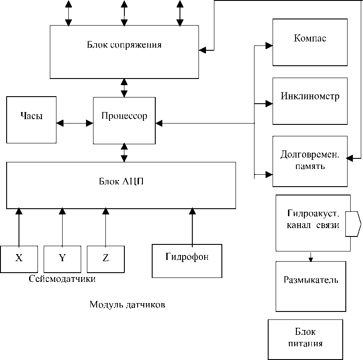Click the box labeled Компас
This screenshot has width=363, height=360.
310,42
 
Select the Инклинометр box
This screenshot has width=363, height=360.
310,101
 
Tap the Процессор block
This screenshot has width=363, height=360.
124,121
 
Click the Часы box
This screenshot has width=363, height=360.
31,120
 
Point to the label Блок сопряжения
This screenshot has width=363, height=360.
124,45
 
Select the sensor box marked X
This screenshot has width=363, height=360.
19,259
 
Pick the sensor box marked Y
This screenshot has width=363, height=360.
62,259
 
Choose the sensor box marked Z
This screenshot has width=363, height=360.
105,259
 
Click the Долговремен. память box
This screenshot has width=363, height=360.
310,161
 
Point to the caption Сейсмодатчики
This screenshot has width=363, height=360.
62,279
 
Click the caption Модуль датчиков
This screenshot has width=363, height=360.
128,305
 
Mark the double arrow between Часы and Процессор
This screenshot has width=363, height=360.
75,123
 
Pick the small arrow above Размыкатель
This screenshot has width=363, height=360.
311,256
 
